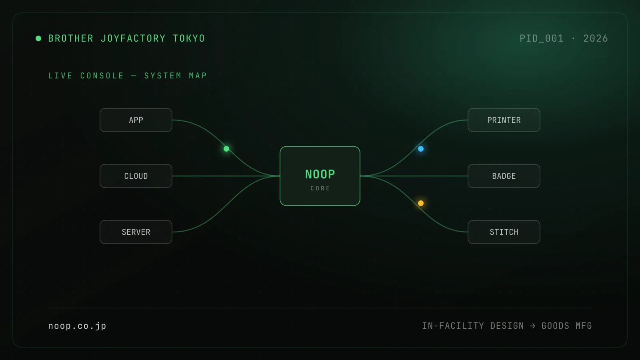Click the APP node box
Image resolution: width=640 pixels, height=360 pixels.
136,120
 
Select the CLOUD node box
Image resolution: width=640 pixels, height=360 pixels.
136,176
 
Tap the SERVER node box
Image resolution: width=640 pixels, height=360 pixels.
136,232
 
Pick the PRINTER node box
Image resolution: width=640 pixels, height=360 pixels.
504,120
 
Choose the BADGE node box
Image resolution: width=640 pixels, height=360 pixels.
504,176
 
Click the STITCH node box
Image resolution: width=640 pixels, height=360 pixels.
504,232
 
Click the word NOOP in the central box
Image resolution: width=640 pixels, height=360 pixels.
320,174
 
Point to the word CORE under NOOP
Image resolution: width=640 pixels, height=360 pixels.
320,188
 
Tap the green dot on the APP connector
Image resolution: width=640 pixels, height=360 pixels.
226,149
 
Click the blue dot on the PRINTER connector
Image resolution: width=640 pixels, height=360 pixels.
421,149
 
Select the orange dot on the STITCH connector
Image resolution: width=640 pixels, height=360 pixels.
421,203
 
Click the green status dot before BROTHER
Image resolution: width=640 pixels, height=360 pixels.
38,38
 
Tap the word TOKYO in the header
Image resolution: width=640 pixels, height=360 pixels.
189,38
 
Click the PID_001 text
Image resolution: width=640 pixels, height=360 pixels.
542,38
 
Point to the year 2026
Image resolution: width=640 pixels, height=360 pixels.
596,38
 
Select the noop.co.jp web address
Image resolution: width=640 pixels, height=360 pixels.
77,326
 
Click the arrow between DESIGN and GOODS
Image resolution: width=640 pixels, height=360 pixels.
532,326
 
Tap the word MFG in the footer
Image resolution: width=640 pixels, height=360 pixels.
584,326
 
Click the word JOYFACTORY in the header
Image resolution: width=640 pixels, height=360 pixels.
133,38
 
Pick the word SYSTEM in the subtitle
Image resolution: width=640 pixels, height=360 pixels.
163,76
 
